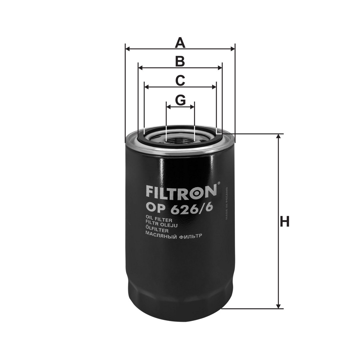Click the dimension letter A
tap(180, 43)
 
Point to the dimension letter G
tap(180, 100)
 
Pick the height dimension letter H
tap(285, 222)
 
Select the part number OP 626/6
tap(179, 208)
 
